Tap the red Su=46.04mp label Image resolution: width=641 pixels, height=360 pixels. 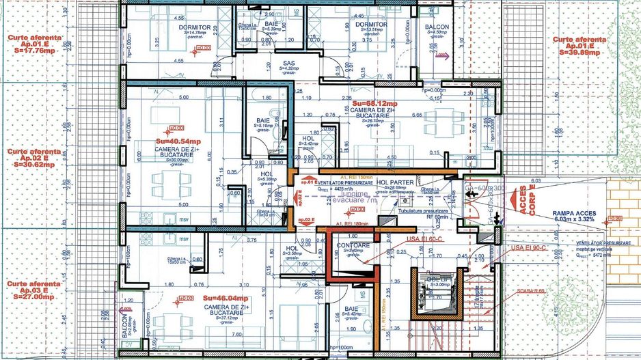coord(225,299)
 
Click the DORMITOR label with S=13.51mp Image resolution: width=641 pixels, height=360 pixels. coord(371,25)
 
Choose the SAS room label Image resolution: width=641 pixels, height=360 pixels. coord(289,63)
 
